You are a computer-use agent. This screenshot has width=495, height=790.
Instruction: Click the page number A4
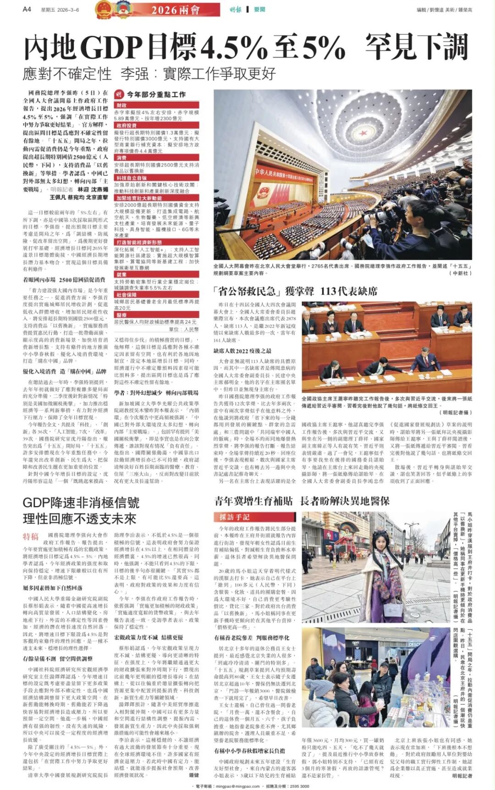coord(27,9)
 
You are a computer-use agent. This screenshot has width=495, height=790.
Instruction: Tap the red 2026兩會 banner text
coord(176,10)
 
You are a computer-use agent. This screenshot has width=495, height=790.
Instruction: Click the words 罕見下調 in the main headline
coord(417,48)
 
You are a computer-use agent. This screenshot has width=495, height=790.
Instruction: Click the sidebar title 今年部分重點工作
coord(156,94)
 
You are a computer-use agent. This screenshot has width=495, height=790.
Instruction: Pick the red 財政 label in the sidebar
coord(121,105)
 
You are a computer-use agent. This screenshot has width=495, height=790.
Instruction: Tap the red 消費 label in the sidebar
coord(121,158)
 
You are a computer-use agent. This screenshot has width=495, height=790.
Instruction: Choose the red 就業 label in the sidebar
coord(121,275)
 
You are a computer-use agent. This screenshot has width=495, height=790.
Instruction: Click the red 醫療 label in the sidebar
coord(121,315)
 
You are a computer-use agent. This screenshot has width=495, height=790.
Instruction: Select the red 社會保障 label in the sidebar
coord(126,295)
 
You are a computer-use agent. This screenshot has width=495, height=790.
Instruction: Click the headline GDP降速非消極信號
coord(81,503)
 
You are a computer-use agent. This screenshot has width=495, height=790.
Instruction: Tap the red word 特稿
coord(31,537)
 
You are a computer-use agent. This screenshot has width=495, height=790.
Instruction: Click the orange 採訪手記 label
coord(234,517)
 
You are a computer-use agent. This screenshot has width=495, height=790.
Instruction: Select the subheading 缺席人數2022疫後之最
coord(242,351)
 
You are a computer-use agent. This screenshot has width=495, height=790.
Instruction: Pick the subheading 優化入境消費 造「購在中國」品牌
coord(65,371)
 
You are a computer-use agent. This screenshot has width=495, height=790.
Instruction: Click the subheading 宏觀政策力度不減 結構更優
coord(148,637)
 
